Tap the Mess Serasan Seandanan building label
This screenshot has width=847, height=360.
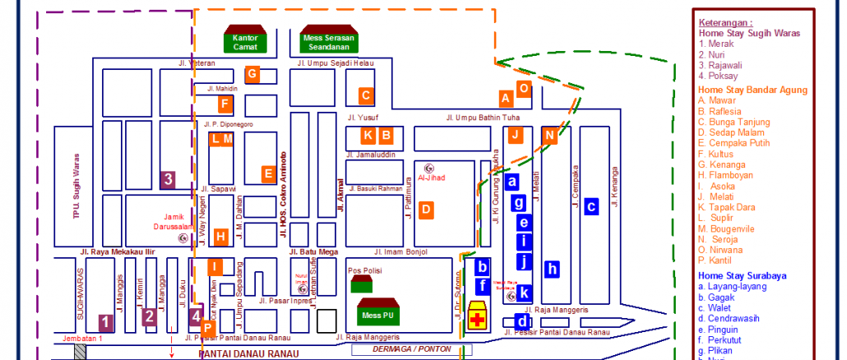click(x=324, y=42)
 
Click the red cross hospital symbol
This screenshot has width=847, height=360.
click(x=476, y=319)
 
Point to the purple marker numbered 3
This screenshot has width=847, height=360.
click(x=168, y=179)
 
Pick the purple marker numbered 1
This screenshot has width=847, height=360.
click(x=104, y=321)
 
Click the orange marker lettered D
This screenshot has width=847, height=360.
click(x=425, y=210)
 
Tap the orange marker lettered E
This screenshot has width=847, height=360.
click(x=267, y=173)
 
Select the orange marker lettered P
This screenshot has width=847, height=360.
click(x=208, y=327)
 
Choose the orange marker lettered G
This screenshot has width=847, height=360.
click(x=252, y=75)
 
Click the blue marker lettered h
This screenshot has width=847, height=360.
click(x=553, y=268)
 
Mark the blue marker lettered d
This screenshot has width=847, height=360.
click(x=521, y=321)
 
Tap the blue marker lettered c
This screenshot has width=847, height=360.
click(x=590, y=206)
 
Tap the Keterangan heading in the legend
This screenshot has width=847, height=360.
click(x=725, y=23)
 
